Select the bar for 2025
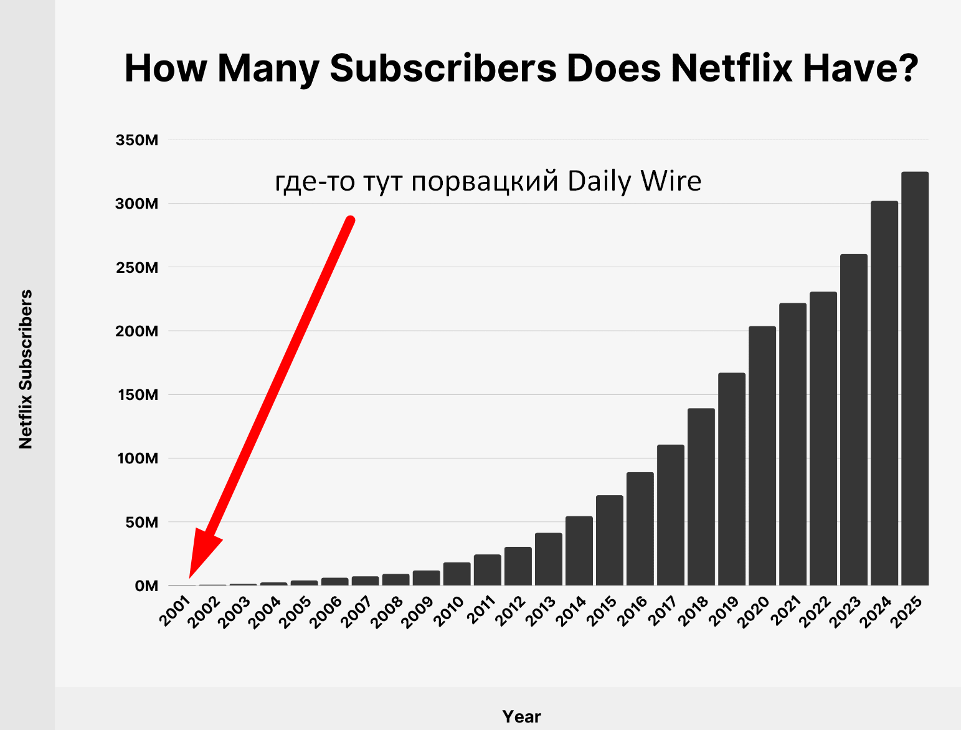914,379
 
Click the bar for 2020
762,455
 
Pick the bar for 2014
579,551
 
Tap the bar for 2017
671,515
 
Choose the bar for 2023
854,420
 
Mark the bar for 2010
457,574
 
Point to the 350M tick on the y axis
136,140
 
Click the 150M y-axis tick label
138,395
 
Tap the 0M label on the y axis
146,585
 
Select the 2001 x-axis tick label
176,611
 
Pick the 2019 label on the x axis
724,611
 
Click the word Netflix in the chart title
732,68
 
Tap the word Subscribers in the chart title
443,68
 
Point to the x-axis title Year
521,716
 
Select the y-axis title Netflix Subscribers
26,369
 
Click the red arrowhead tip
189,578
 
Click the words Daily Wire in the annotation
635,181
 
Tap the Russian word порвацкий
485,182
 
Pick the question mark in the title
907,67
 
